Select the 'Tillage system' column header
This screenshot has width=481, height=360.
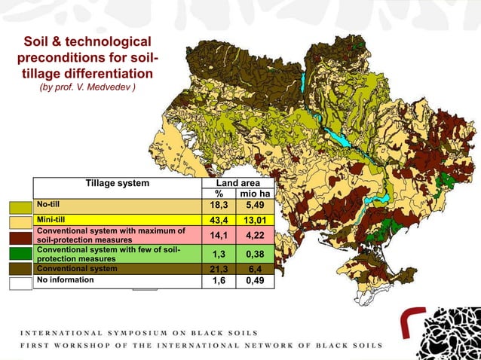pos(117,182)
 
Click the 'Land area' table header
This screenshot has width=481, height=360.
pos(237,182)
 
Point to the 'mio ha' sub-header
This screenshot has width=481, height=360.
pos(255,194)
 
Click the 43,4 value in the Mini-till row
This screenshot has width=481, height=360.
pos(219,219)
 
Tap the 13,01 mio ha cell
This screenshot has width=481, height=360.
pos(255,219)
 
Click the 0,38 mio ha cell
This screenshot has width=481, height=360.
pos(255,254)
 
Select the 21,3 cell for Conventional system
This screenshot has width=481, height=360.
pos(219,268)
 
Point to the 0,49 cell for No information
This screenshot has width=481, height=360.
pos(255,280)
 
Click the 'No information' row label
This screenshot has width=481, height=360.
pos(66,279)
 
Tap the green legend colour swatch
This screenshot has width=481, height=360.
pos(20,253)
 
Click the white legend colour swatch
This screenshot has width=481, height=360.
pos(20,283)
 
